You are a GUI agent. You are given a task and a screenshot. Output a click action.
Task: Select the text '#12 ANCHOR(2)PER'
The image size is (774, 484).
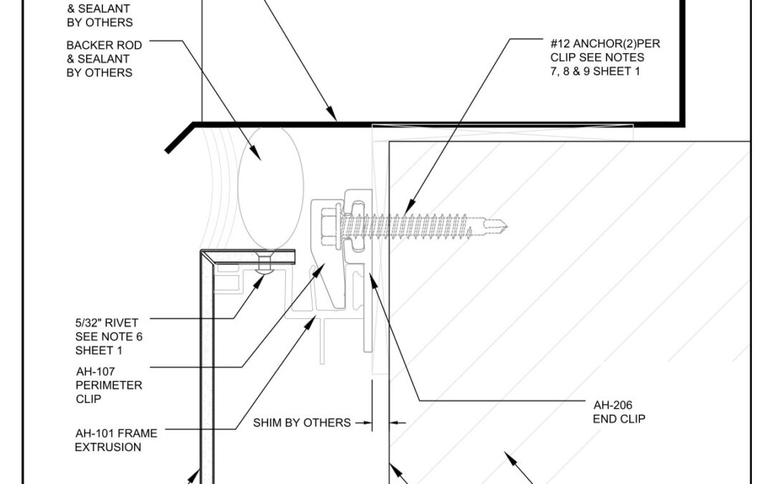[x=605, y=44]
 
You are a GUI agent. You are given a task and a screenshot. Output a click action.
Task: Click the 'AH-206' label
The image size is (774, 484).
[x=613, y=405]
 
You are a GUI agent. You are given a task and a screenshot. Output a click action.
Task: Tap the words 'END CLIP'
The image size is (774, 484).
[x=619, y=419]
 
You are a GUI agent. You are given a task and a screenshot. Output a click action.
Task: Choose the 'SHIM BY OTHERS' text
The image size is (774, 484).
[x=302, y=423]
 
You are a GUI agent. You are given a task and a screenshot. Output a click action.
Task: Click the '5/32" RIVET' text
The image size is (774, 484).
[x=107, y=323]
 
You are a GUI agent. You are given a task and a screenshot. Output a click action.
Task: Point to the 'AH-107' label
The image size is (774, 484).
[x=95, y=371]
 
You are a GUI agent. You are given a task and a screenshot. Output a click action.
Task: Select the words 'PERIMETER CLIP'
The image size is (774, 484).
[x=109, y=392]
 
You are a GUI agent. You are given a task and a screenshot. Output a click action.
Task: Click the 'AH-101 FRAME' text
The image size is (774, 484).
[x=117, y=434]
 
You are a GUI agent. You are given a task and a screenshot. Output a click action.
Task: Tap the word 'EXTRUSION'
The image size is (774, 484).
[x=108, y=447]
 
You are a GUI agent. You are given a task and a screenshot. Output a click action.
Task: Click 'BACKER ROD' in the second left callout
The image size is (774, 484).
[x=104, y=45]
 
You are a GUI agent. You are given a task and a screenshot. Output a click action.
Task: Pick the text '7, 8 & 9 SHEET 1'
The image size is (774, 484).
[x=596, y=72]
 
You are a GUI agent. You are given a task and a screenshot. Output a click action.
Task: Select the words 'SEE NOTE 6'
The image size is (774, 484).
[x=109, y=337]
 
